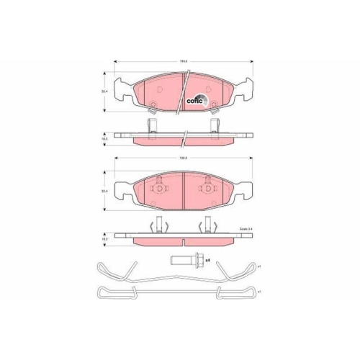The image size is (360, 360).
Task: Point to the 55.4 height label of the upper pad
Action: pos(104,91)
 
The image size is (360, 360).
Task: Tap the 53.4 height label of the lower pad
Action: pos(104,191)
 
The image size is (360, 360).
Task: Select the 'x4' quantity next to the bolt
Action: pos(207,259)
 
